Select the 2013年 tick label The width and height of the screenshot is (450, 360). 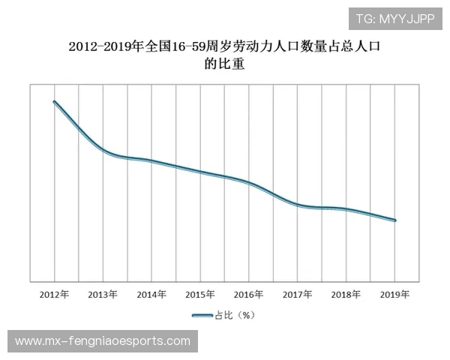(103, 295)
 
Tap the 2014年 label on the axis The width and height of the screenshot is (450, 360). (151, 295)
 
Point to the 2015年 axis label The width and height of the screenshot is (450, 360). (200, 295)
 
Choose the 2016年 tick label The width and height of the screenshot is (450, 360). (249, 295)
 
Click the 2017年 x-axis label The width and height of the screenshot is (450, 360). (298, 295)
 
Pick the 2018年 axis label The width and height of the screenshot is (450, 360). (346, 295)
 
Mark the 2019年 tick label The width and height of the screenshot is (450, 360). (395, 295)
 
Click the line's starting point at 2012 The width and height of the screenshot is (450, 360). (55, 102)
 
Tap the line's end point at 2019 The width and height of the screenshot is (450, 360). (395, 220)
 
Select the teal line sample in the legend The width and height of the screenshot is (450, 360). (201, 316)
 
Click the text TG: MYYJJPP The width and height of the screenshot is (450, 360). (395, 19)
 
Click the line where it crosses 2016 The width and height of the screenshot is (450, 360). (249, 183)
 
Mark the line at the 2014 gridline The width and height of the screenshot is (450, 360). (151, 161)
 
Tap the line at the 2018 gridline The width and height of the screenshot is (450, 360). (346, 209)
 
